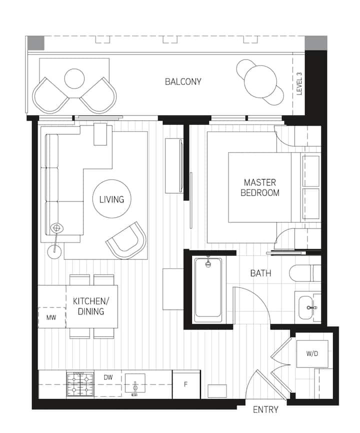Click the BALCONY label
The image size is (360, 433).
183,81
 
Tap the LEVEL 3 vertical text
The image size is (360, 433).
299,84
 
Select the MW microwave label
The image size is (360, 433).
51,317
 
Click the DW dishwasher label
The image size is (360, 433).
108,377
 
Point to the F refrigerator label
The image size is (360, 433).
185,384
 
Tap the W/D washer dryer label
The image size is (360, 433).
312,353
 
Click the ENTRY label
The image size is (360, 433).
265,409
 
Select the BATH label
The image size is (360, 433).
260,273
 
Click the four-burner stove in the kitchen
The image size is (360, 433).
80,384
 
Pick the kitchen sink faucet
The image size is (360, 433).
135,388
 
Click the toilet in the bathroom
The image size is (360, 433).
305,273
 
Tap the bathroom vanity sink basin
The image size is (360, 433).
306,307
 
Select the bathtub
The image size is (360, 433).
208,289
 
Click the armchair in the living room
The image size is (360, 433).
126,240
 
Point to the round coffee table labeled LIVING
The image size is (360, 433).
112,199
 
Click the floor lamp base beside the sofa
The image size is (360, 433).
54,251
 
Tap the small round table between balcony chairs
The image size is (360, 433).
74,78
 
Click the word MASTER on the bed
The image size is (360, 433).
260,182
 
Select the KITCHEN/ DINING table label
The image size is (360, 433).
91,306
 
